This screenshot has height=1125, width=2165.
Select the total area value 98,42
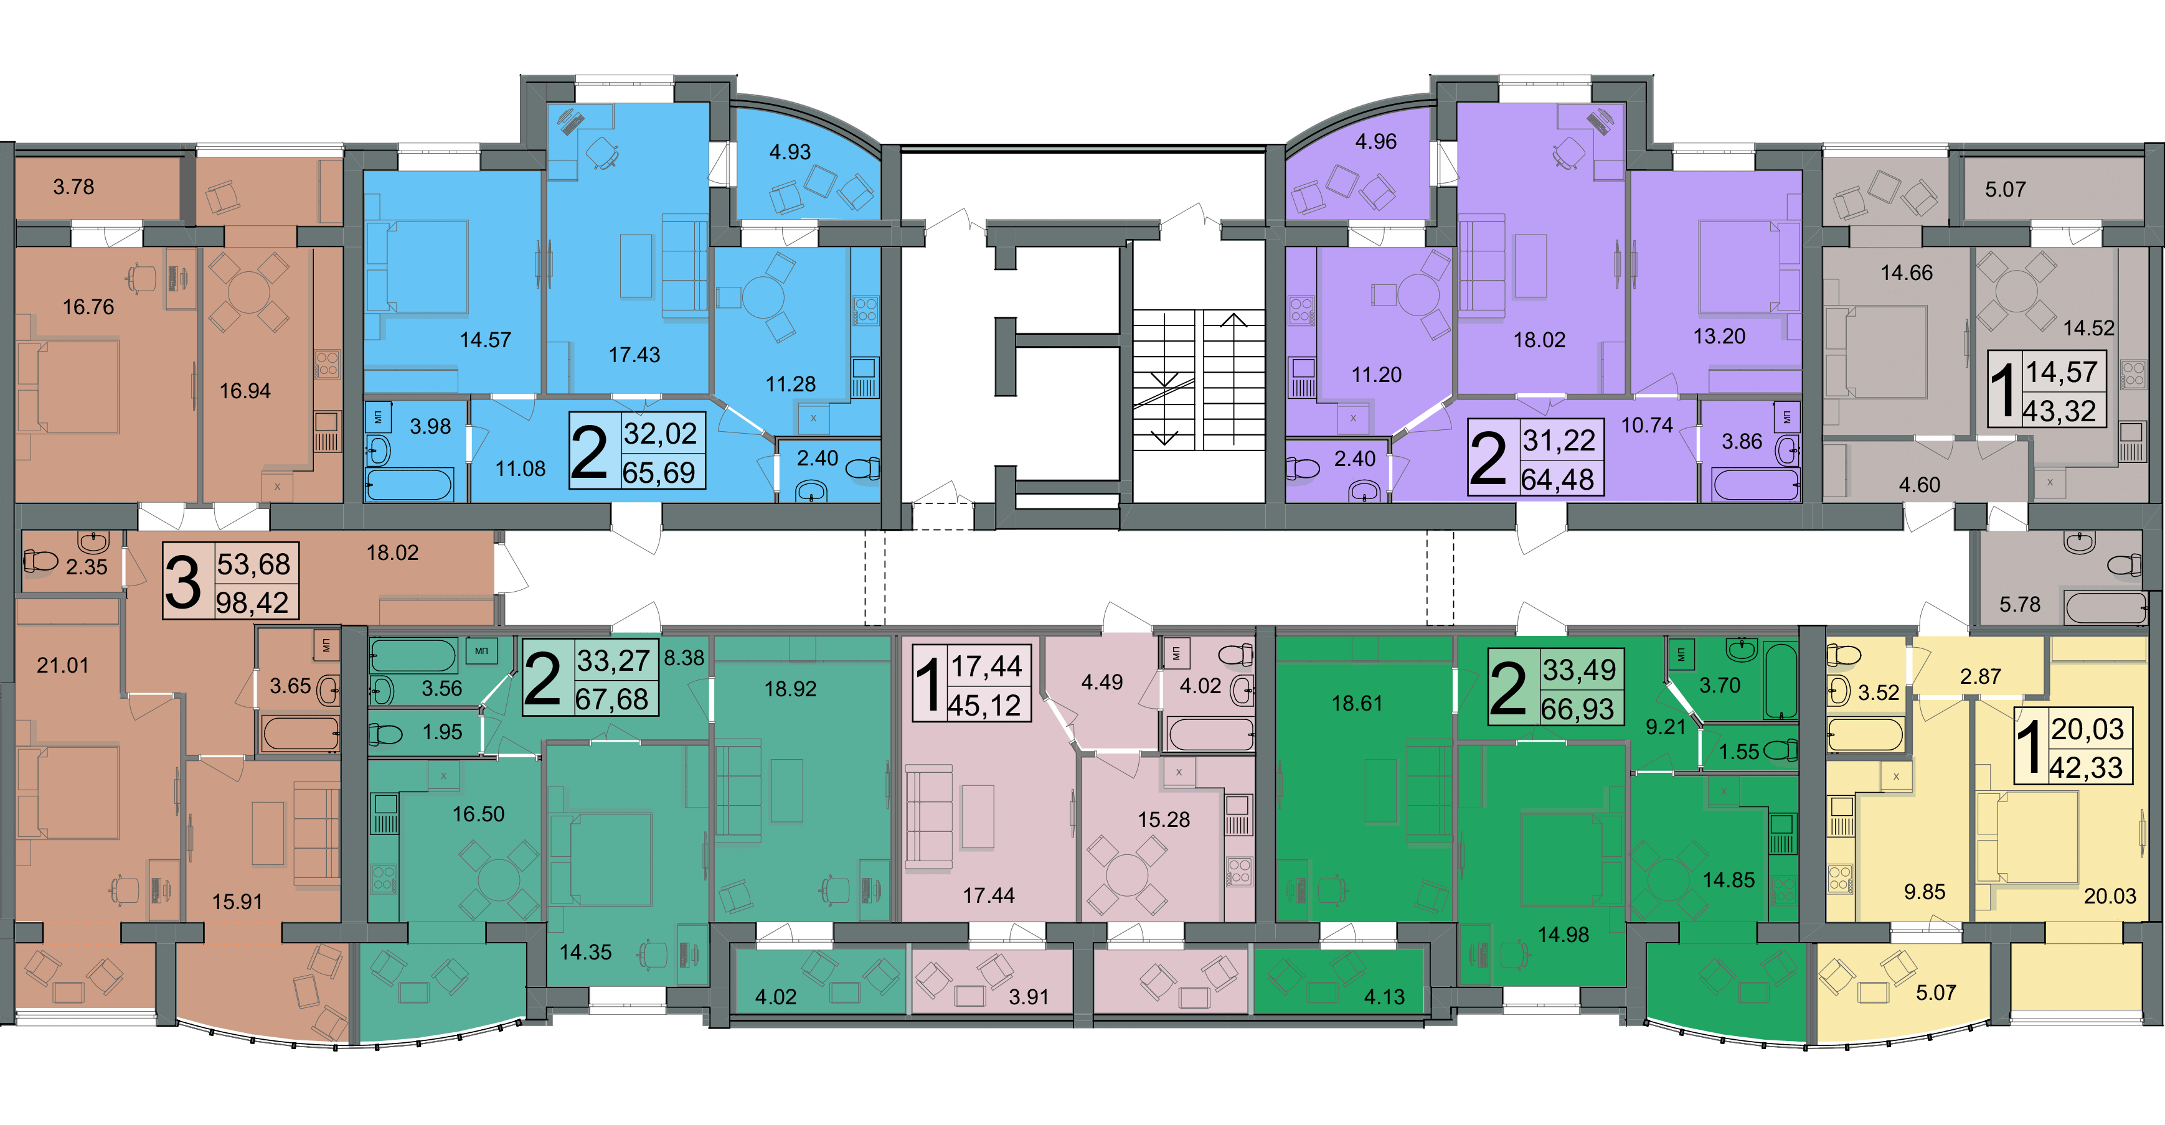[253, 602]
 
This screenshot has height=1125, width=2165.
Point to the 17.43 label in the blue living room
[634, 355]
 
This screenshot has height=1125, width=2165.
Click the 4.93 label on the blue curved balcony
[790, 152]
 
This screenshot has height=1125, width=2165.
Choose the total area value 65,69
[659, 472]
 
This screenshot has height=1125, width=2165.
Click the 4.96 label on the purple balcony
[1376, 141]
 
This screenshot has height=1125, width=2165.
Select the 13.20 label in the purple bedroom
[1719, 336]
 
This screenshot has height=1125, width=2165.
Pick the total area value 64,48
[1557, 479]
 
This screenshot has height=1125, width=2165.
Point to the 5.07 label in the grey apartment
[2006, 189]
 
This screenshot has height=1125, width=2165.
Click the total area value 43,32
[2059, 411]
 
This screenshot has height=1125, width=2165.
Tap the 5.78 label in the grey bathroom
[2019, 604]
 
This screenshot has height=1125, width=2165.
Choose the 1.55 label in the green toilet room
[1739, 752]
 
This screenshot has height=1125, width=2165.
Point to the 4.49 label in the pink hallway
[1102, 682]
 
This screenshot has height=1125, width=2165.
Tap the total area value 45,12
[984, 706]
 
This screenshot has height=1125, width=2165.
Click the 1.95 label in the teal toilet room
[442, 732]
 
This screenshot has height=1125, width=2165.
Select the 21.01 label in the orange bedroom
[62, 665]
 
